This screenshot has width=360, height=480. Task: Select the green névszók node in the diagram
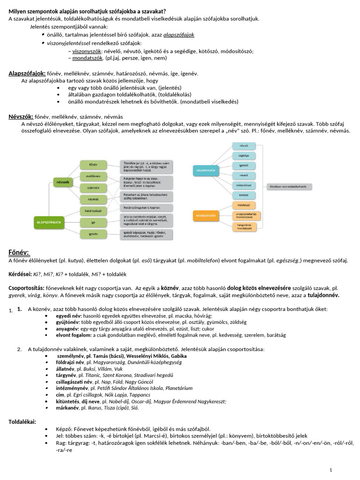pyautogui.click(x=63, y=181)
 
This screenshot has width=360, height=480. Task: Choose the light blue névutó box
pyautogui.click(x=243, y=146)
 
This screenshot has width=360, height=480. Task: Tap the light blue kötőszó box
pyautogui.click(x=243, y=195)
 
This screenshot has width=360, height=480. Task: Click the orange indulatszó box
pyautogui.click(x=243, y=205)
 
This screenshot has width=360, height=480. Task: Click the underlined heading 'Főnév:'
pyautogui.click(x=19, y=253)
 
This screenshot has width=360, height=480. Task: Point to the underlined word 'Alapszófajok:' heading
pyautogui.click(x=27, y=74)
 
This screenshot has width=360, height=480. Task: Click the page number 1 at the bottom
pyautogui.click(x=331, y=470)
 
